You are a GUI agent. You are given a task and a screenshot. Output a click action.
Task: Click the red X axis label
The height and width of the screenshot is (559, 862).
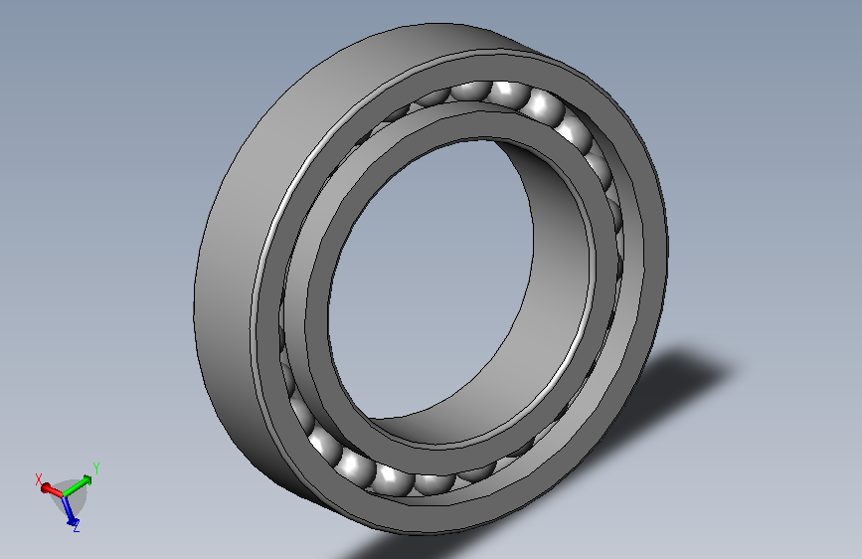[39, 478]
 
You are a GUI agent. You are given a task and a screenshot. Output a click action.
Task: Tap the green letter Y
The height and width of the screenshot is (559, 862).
[96, 468]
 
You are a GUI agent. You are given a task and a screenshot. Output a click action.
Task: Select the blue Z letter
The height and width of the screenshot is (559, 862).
[77, 526]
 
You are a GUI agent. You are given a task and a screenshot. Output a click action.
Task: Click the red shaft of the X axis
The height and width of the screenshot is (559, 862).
[53, 489]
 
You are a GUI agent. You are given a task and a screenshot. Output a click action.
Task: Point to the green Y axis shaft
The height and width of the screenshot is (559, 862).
[77, 486]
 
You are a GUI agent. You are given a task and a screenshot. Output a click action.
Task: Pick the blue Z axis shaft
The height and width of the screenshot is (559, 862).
[69, 506]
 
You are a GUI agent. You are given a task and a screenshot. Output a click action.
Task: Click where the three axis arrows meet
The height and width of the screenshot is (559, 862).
[64, 494]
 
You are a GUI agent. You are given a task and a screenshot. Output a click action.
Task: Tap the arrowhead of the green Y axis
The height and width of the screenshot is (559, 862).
[86, 479]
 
